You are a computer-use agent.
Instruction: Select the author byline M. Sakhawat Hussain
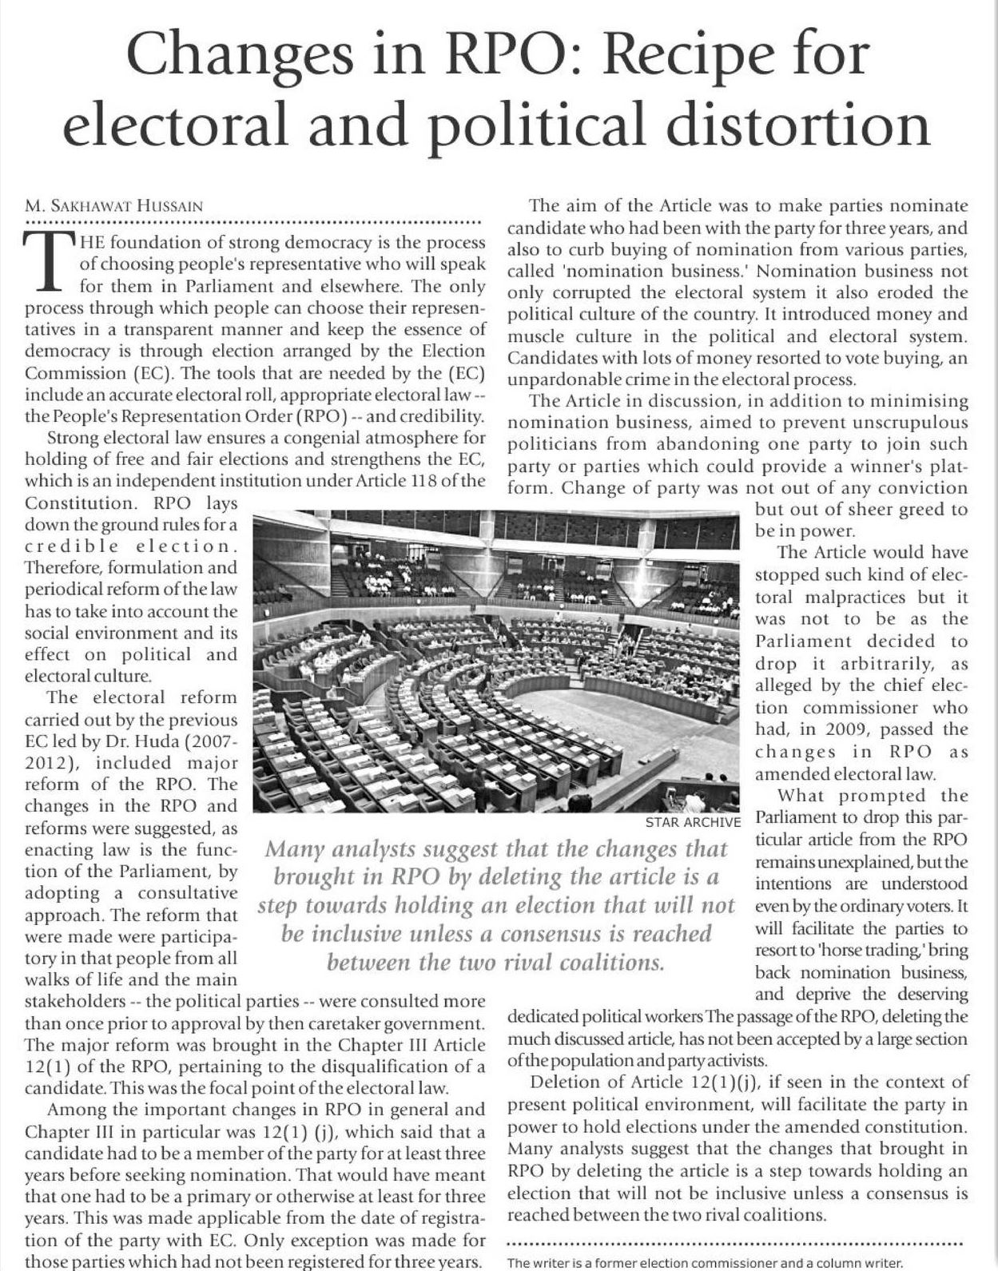(113, 206)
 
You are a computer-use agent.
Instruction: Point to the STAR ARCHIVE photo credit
(693, 822)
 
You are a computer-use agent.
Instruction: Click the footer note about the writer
(705, 1263)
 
